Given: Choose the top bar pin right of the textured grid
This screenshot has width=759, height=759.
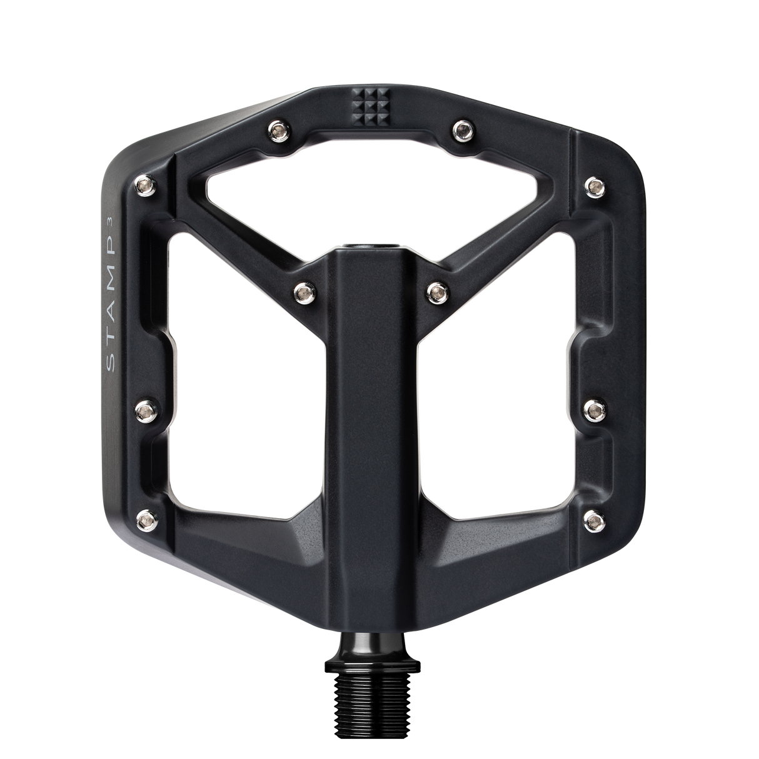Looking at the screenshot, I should (x=462, y=129).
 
